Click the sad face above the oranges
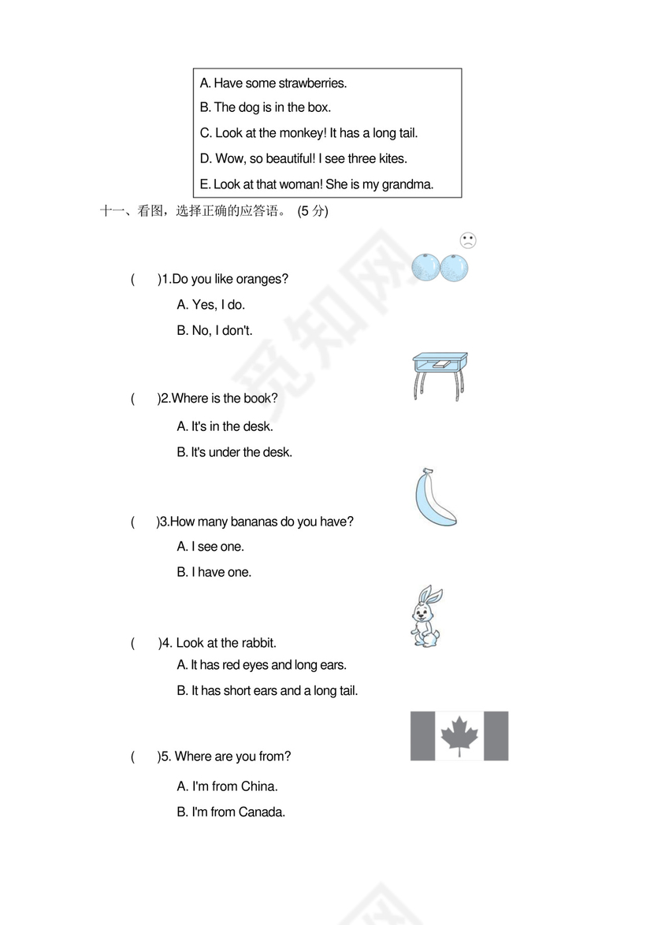point(467,241)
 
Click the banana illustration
point(433,499)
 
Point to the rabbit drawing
point(425,616)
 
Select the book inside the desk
point(440,364)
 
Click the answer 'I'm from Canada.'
point(238,812)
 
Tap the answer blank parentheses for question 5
point(145,756)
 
